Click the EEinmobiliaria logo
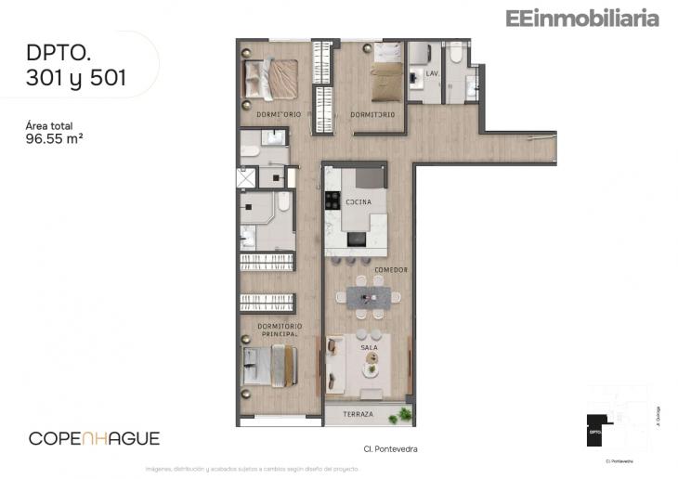click(582, 18)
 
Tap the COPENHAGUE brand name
click(94, 438)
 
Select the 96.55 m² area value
click(57, 140)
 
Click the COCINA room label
click(358, 201)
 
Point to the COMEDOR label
click(391, 270)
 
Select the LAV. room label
click(432, 72)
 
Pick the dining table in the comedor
click(369, 297)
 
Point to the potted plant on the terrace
click(401, 414)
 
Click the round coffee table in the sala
click(372, 369)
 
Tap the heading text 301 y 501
click(77, 79)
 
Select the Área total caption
click(48, 125)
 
